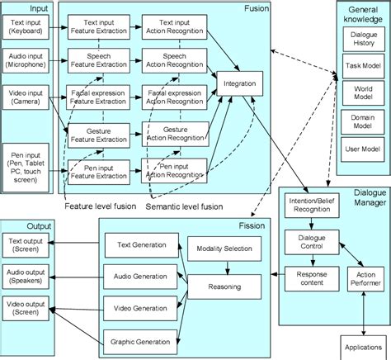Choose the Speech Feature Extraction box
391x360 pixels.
click(x=98, y=59)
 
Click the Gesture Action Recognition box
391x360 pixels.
click(x=172, y=136)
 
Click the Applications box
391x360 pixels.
click(x=364, y=346)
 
